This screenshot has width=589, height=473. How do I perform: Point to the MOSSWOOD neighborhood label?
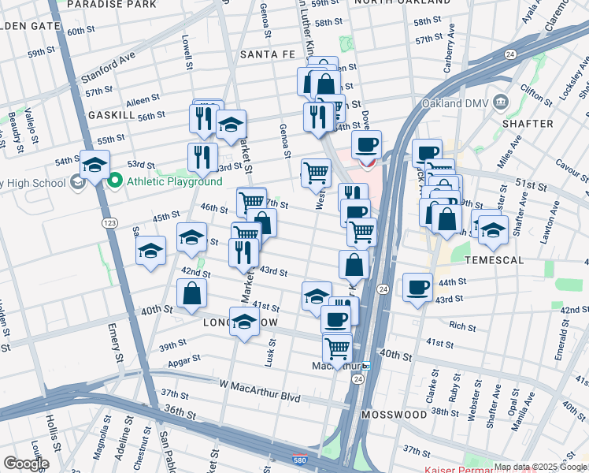point(394,414)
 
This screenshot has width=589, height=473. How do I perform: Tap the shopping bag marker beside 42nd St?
point(191,294)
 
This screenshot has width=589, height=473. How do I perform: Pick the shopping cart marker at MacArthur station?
point(337,347)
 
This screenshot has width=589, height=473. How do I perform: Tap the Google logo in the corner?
point(25,464)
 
